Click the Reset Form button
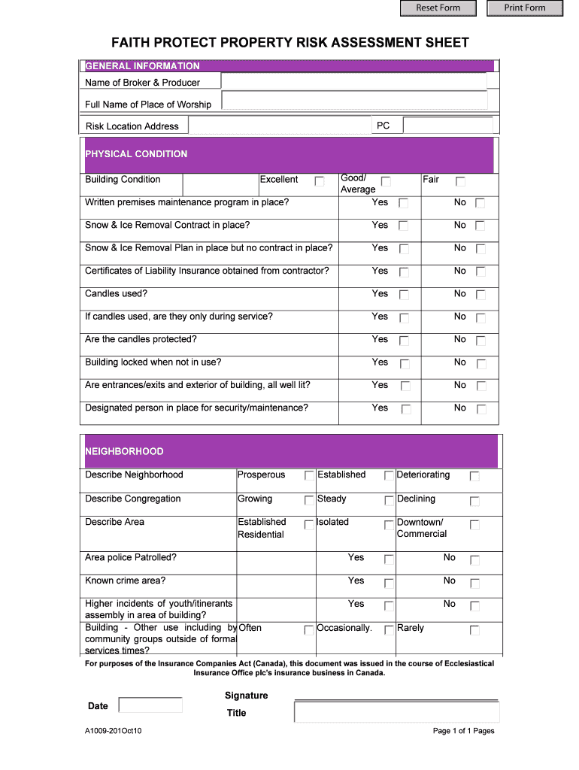pyautogui.click(x=438, y=8)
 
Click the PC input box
pyautogui.click(x=447, y=126)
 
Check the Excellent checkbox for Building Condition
pyautogui.click(x=320, y=181)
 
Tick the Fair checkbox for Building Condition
pyautogui.click(x=461, y=181)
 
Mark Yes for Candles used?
pyautogui.click(x=404, y=295)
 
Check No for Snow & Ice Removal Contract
pyautogui.click(x=480, y=226)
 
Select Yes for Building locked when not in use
pyautogui.click(x=404, y=364)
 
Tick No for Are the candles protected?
pyautogui.click(x=480, y=341)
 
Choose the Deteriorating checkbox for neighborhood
pyautogui.click(x=474, y=476)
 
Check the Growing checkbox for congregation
pyautogui.click(x=309, y=500)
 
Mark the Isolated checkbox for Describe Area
pyautogui.click(x=389, y=524)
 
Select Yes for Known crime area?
pyautogui.click(x=389, y=583)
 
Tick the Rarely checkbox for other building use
pyautogui.click(x=474, y=630)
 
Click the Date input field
pyautogui.click(x=150, y=705)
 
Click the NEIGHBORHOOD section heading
pyautogui.click(x=124, y=451)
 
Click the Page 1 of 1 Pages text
pyautogui.click(x=463, y=731)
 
